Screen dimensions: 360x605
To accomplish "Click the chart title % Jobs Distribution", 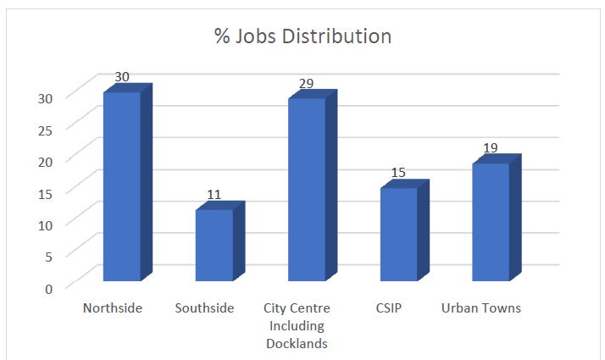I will click(302, 37).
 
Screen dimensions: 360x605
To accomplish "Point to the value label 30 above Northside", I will click(122, 77).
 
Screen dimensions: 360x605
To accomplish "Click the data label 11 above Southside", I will click(214, 195).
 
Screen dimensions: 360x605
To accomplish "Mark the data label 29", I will click(306, 84).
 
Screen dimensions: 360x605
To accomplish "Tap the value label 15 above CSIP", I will click(398, 173).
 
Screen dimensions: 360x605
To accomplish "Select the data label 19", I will click(491, 148).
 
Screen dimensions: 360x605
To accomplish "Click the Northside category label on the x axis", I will click(113, 308).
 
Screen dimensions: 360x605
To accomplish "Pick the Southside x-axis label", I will click(204, 308).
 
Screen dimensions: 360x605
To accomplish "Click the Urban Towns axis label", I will click(481, 308).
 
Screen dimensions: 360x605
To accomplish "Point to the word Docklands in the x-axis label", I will click(297, 343).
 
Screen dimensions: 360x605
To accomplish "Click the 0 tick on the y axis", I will click(48, 288).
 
